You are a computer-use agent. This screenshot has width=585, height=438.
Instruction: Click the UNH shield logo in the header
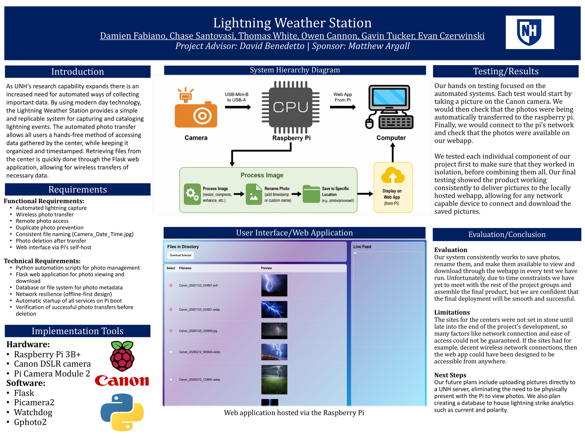(529, 32)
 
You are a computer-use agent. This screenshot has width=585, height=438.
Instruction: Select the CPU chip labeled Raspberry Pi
(290, 107)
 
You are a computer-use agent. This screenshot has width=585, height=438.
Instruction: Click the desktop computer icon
(390, 107)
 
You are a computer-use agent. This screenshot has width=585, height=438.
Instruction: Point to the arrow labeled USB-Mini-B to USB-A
(238, 107)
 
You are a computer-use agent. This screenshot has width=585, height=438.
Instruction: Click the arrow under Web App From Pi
(343, 107)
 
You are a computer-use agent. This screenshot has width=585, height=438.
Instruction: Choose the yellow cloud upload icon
(393, 175)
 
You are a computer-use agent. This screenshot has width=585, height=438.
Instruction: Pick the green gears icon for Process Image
(192, 194)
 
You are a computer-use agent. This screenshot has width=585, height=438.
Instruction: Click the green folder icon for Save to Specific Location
(311, 194)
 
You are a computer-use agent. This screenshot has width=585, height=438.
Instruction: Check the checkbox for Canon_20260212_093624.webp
(171, 352)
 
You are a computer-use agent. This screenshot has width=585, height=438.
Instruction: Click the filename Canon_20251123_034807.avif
(198, 285)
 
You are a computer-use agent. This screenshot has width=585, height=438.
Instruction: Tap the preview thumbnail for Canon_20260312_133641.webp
(274, 379)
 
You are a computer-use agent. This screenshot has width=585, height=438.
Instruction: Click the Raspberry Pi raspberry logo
(122, 356)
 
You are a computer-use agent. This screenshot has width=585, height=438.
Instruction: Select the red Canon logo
(122, 380)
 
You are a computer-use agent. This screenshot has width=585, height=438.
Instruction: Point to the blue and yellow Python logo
(122, 412)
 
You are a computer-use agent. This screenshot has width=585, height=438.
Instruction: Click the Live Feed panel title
(362, 247)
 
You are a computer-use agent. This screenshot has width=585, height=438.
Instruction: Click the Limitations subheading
(452, 312)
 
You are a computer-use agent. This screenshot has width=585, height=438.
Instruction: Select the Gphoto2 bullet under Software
(30, 422)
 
